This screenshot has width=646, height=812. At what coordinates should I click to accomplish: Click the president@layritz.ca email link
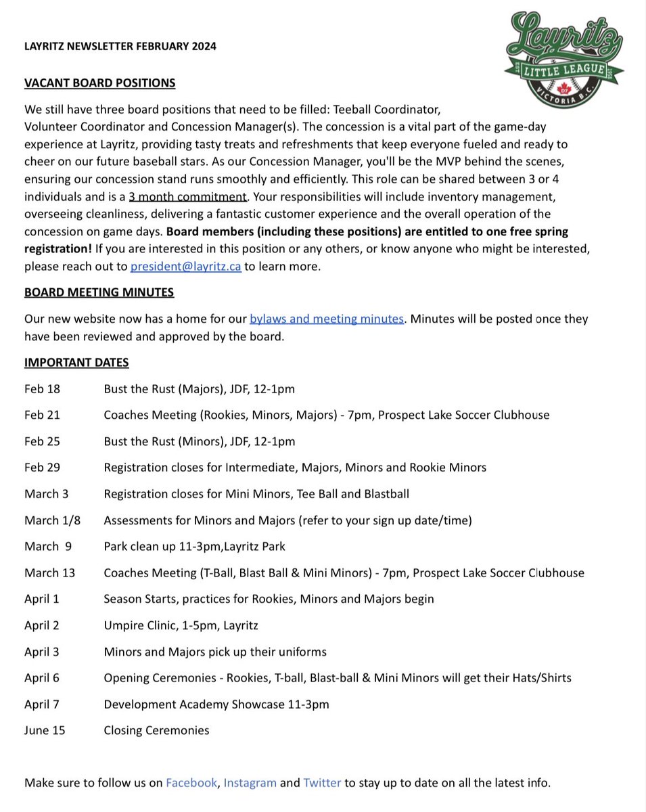[185, 267]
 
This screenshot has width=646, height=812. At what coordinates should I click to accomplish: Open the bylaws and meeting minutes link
[326, 319]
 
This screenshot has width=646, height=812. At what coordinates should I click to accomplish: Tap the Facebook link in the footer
[191, 783]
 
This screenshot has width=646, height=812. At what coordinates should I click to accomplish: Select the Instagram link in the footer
[250, 783]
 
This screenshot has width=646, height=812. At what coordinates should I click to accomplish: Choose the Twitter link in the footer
[322, 783]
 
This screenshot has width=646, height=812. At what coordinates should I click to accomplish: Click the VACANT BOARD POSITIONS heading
[99, 83]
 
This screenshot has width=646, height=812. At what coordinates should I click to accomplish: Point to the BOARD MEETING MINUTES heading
[99, 292]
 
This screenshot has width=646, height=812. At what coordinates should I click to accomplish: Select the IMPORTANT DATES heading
[76, 363]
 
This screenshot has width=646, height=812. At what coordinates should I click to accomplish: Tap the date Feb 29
[42, 468]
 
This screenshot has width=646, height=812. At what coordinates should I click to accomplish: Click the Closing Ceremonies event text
[156, 730]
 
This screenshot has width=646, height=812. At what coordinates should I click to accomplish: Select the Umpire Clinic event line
[181, 625]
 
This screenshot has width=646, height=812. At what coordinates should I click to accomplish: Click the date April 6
[42, 678]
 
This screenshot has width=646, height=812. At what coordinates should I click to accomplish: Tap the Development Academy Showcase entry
[216, 704]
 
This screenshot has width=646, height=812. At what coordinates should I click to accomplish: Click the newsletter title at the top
[120, 46]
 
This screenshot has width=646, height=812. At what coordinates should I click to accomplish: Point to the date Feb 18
[42, 389]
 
